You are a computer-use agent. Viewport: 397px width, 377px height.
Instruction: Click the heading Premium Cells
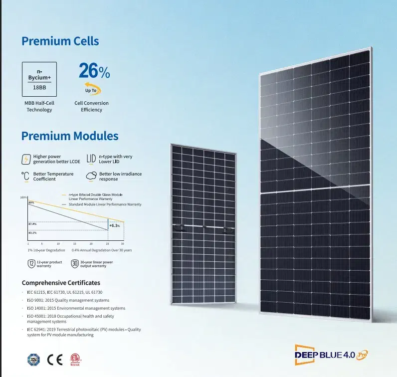pyautogui.click(x=60, y=41)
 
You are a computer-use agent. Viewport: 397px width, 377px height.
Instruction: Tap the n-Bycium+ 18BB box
pyautogui.click(x=39, y=79)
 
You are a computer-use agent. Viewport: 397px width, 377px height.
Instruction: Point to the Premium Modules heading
pyautogui.click(x=70, y=136)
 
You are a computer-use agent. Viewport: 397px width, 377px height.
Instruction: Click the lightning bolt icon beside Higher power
pyautogui.click(x=26, y=160)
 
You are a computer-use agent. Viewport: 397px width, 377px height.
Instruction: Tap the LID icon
pyautogui.click(x=91, y=159)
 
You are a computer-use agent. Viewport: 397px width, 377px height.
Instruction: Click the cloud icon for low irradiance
pyautogui.click(x=91, y=176)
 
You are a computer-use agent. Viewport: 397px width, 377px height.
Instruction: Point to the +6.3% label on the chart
pyautogui.click(x=115, y=225)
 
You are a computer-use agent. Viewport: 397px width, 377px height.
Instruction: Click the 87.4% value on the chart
pyautogui.click(x=32, y=224)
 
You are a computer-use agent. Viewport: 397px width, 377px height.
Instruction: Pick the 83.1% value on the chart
pyautogui.click(x=32, y=233)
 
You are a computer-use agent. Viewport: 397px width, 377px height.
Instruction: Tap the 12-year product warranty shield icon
pyautogui.click(x=31, y=263)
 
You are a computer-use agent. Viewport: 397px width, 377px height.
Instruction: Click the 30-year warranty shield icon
pyautogui.click(x=74, y=263)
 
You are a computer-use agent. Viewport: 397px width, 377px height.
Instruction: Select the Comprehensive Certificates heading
pyautogui.click(x=61, y=283)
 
